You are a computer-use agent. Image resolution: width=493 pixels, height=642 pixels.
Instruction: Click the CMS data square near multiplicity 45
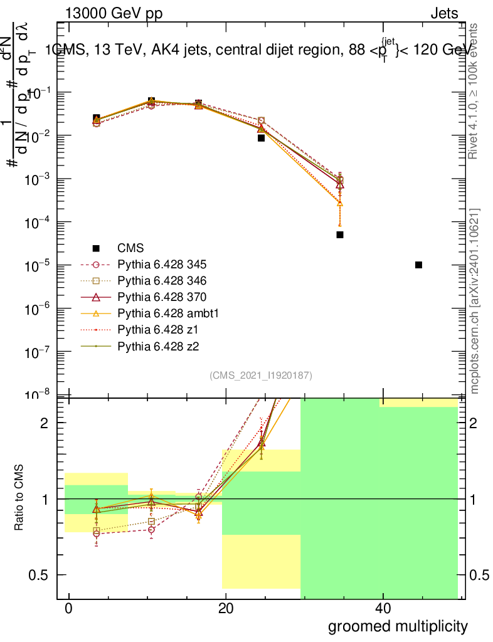click(418, 265)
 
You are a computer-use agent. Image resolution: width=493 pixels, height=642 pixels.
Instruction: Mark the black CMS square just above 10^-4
click(340, 234)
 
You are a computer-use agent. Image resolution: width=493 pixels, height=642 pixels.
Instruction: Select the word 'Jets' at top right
click(444, 14)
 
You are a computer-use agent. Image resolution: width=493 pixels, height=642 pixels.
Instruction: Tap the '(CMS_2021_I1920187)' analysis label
click(261, 375)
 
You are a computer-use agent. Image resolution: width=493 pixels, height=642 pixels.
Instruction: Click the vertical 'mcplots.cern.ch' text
click(475, 301)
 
